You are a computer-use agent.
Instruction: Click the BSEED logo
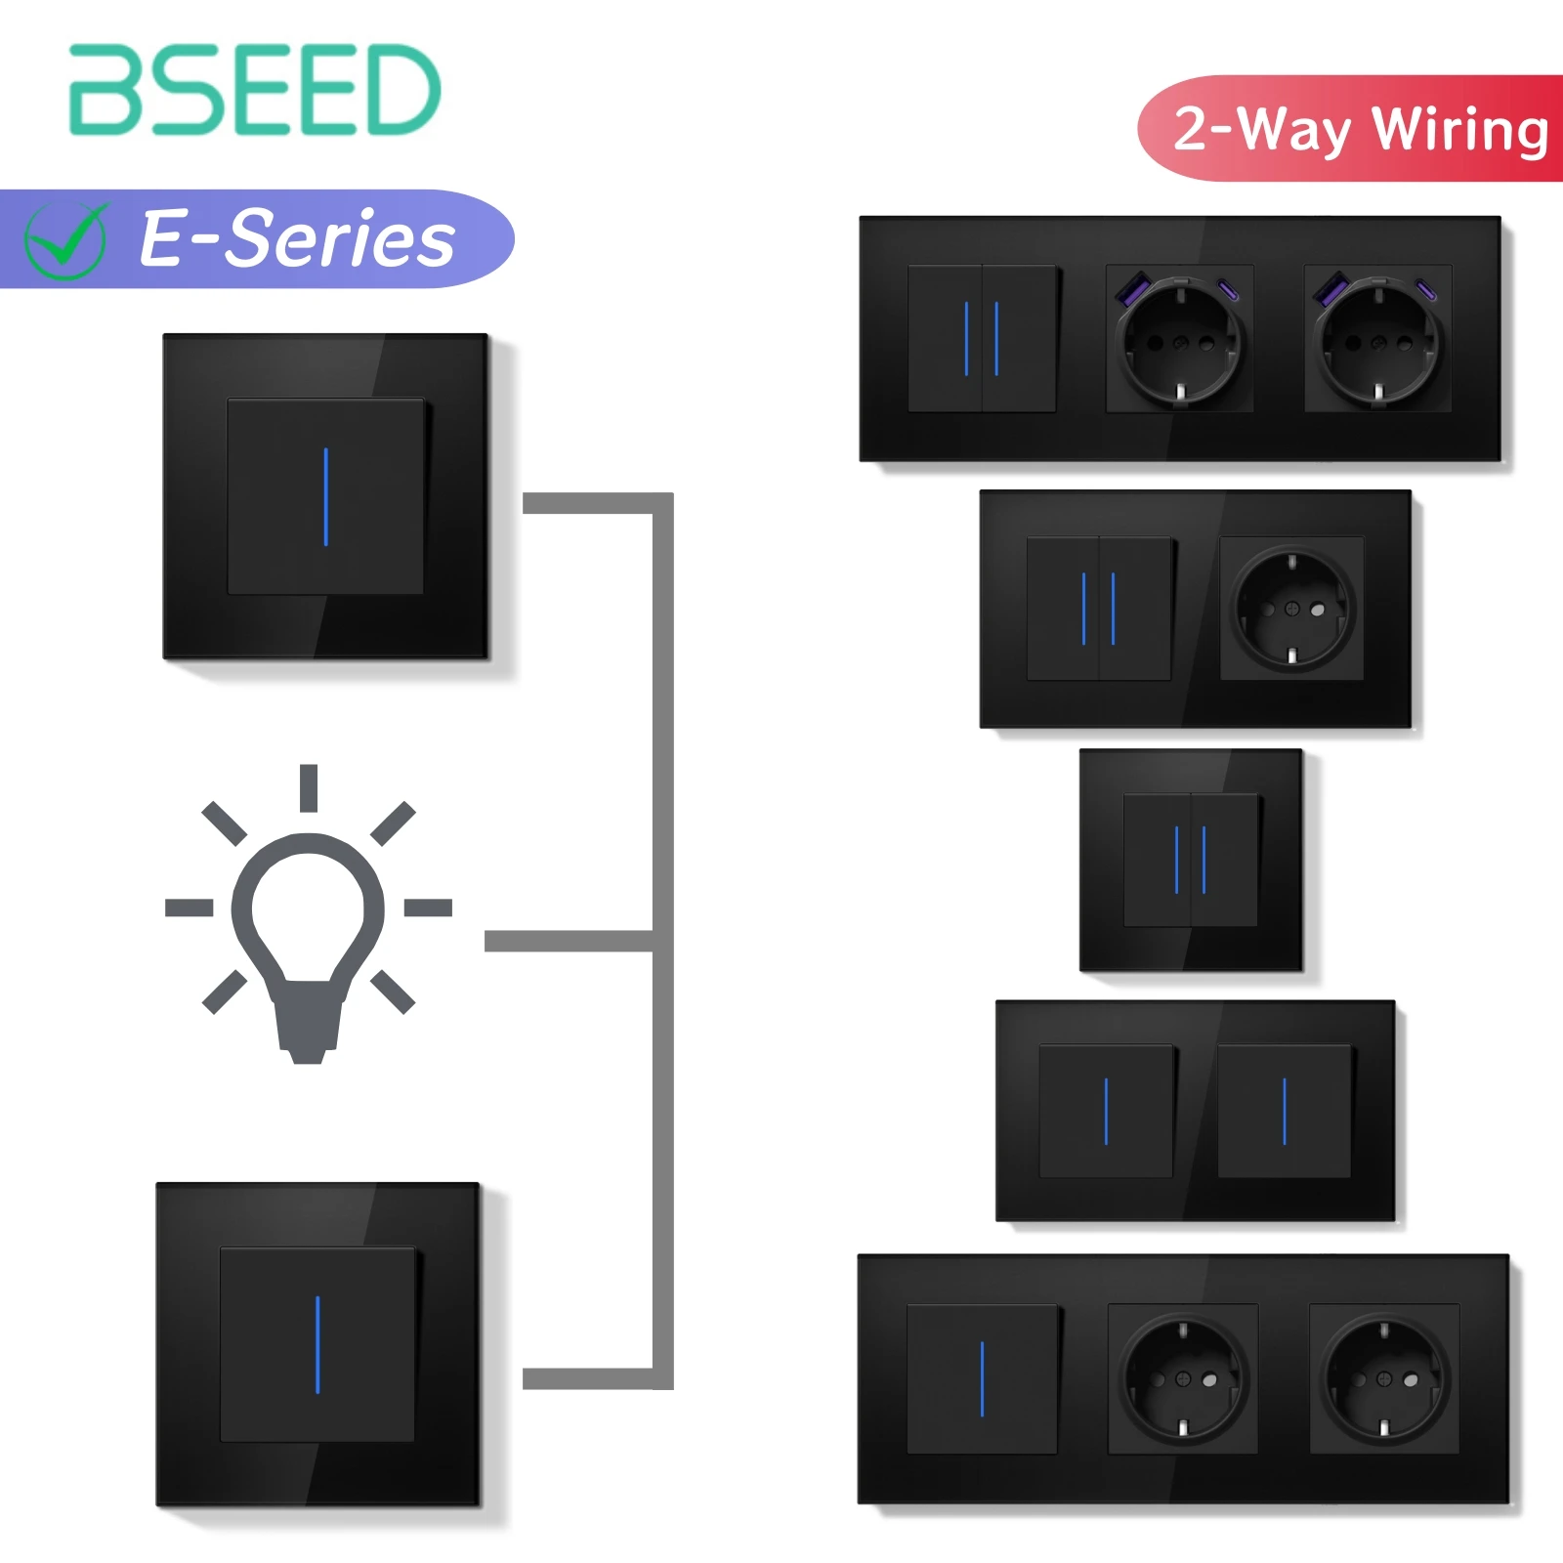click(x=254, y=90)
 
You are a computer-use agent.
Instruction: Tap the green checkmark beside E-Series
click(x=65, y=240)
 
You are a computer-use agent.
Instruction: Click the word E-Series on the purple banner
click(x=297, y=239)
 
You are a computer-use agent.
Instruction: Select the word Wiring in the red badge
click(x=1460, y=130)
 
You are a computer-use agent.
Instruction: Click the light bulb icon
click(x=309, y=938)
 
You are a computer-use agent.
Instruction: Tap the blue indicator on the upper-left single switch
click(x=325, y=496)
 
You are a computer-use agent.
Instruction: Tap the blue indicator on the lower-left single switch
click(x=317, y=1344)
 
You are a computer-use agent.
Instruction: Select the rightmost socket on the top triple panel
click(x=1378, y=339)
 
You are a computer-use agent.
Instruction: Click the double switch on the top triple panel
click(x=982, y=338)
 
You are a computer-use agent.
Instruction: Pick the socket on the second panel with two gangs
click(x=1291, y=608)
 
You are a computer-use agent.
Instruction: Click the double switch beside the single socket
click(x=1099, y=608)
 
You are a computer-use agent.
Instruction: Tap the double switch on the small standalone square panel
click(x=1191, y=860)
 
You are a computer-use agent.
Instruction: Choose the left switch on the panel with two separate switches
click(x=1106, y=1111)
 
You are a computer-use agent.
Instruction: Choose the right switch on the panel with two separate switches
click(x=1285, y=1111)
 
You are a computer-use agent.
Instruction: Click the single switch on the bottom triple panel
click(x=982, y=1378)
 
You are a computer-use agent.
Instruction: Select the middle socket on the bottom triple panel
click(x=1183, y=1378)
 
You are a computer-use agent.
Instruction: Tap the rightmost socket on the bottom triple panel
click(x=1384, y=1378)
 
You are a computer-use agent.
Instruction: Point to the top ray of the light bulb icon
click(x=309, y=787)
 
